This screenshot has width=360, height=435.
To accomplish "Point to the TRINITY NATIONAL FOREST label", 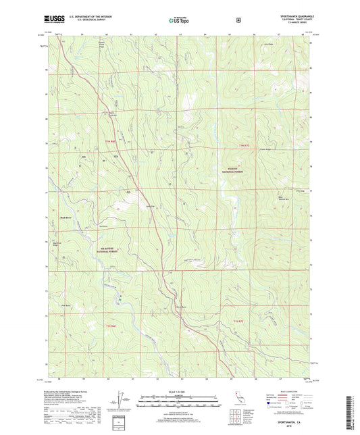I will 231,171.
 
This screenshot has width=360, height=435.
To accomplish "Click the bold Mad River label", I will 66,218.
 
